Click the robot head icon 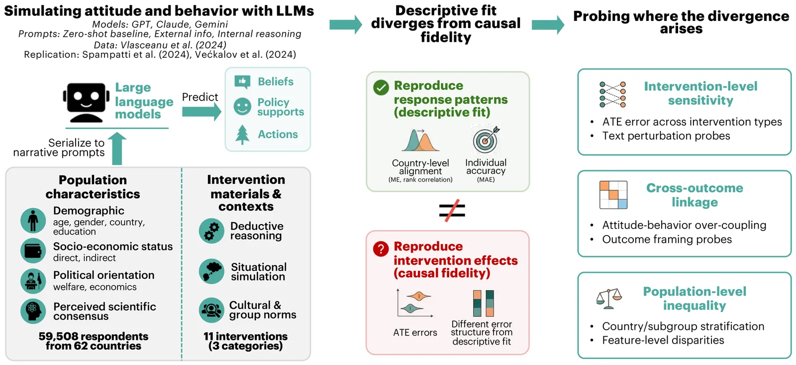pos(86,103)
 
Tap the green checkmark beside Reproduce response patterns pos(381,87)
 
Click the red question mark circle pos(381,248)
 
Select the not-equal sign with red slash pos(452,210)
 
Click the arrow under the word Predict pos(201,112)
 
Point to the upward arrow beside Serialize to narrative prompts pos(117,148)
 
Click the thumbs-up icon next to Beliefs pos(242,82)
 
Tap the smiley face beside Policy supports pos(242,107)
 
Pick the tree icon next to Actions pos(242,134)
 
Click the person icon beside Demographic pos(33,221)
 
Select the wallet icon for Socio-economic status pos(33,251)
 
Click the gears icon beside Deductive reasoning pos(212,231)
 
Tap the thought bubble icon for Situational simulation pos(212,271)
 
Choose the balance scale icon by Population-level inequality pos(609,299)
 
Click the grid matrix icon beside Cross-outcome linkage pos(613,195)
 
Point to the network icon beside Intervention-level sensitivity pos(612,94)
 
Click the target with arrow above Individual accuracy pos(486,139)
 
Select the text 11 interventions pos(246,336)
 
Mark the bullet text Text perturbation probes pos(666,135)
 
